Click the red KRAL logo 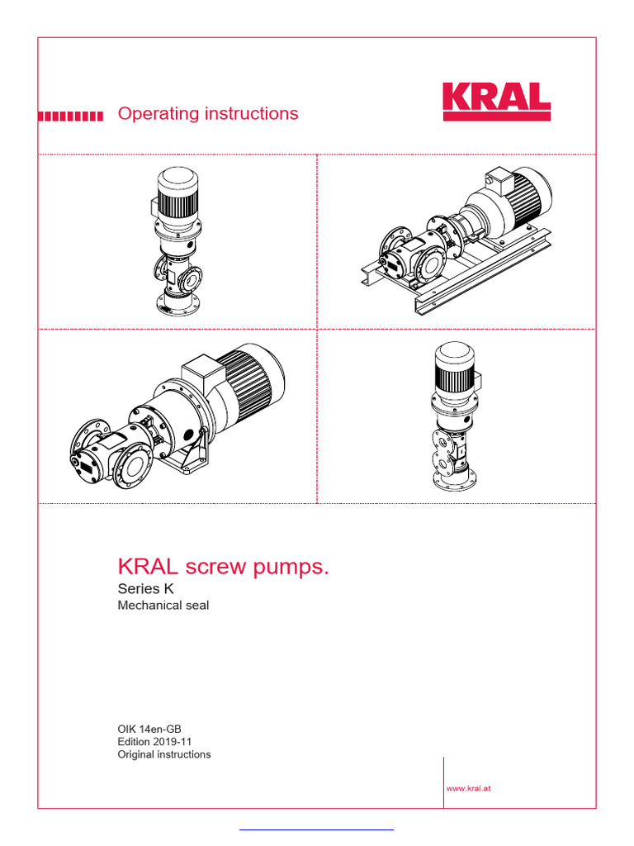click(496, 101)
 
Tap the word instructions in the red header click(246, 113)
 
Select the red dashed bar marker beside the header click(71, 116)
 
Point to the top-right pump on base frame click(456, 240)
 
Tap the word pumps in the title click(289, 568)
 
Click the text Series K click(146, 589)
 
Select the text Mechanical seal click(163, 606)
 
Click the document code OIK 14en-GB click(149, 729)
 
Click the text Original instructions click(163, 754)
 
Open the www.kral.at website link click(469, 788)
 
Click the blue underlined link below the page click(316, 829)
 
